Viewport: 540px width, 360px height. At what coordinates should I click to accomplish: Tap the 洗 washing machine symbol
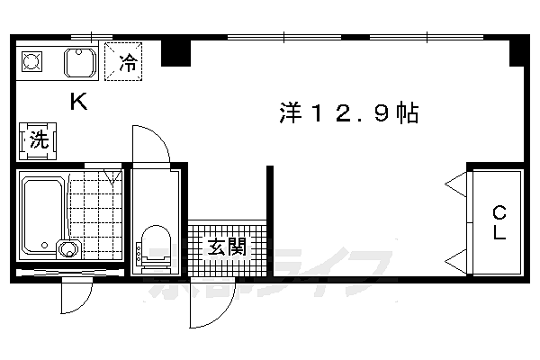coord(38,139)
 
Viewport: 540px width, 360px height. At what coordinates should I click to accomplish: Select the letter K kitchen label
coord(79,103)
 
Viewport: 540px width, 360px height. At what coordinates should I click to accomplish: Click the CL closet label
coord(498,222)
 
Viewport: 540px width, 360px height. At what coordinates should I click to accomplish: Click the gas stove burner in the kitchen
coord(33,62)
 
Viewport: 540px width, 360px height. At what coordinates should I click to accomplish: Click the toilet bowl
coord(156,244)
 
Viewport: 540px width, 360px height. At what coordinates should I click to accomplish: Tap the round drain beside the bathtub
coord(66,249)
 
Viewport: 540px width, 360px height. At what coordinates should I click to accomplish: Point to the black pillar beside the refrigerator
coord(175,52)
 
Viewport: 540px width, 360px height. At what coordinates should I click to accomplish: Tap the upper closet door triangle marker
coord(454,186)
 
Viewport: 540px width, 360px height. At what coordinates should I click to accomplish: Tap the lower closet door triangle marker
coord(454,260)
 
